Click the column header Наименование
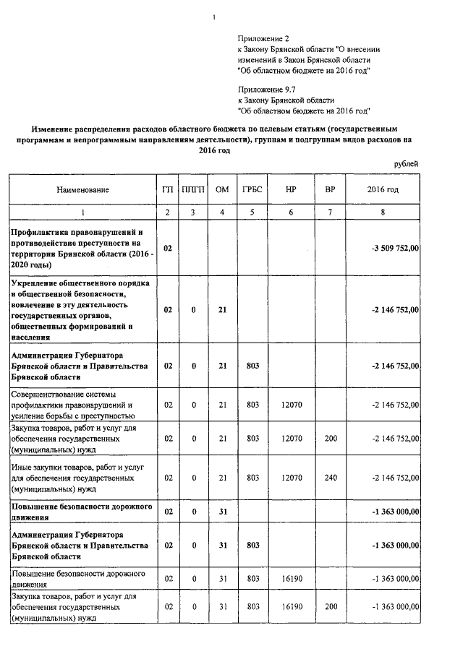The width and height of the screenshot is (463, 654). (83, 189)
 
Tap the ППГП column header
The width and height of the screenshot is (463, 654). (194, 189)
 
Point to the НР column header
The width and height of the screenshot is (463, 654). (291, 189)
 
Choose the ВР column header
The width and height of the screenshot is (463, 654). (331, 189)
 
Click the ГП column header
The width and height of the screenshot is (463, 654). (168, 189)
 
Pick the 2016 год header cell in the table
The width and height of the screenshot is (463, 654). (383, 189)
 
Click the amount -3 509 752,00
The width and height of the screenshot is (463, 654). (394, 248)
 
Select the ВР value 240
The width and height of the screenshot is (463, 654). (331, 478)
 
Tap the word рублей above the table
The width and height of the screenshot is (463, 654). (406, 164)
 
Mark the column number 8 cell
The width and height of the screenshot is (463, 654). (383, 212)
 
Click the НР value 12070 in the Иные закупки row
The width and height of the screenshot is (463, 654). (291, 478)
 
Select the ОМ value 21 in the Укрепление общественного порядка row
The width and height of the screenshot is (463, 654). (223, 309)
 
